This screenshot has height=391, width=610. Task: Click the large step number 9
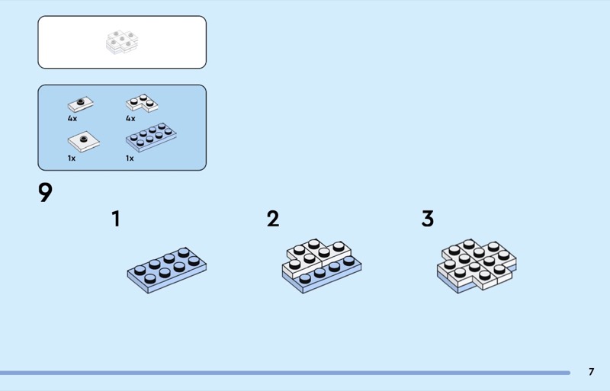click(45, 192)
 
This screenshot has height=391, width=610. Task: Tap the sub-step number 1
click(116, 219)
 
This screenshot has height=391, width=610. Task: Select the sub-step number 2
click(273, 219)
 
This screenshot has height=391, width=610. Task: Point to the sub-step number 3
click(428, 219)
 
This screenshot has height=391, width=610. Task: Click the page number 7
click(592, 372)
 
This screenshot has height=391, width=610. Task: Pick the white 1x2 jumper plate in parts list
click(81, 104)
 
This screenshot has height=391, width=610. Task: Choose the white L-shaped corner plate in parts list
click(142, 103)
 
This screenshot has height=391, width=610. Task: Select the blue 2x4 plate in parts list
click(151, 137)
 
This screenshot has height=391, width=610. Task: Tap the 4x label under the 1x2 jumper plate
click(72, 119)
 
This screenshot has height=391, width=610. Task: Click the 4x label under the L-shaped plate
click(130, 119)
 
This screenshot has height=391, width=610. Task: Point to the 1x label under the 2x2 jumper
click(72, 159)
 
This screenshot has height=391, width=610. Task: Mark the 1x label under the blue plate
click(130, 159)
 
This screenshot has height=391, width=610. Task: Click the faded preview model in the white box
click(122, 42)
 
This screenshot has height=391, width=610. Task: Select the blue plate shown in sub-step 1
click(167, 270)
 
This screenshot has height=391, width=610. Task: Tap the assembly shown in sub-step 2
click(322, 266)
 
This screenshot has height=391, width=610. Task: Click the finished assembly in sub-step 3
click(477, 266)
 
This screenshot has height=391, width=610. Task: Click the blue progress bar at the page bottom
click(285, 373)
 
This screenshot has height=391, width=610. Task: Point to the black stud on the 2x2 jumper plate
click(84, 139)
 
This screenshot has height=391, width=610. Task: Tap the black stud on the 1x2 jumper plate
click(81, 102)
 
